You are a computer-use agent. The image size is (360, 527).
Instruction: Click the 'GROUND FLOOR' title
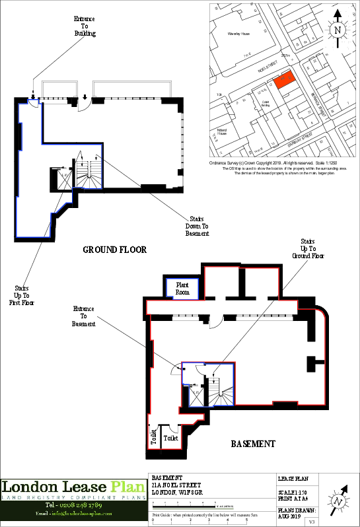114,250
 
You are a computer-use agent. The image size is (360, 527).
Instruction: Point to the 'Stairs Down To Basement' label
197,226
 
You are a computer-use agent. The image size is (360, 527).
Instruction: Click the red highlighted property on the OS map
283,80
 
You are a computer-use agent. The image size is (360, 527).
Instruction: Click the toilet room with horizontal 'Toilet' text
170,438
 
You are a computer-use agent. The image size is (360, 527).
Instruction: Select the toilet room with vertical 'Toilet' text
153,438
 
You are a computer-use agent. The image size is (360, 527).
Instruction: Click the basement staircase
221,392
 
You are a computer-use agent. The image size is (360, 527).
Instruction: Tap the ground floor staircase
88,174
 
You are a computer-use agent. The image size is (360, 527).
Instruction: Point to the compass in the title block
340,498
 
